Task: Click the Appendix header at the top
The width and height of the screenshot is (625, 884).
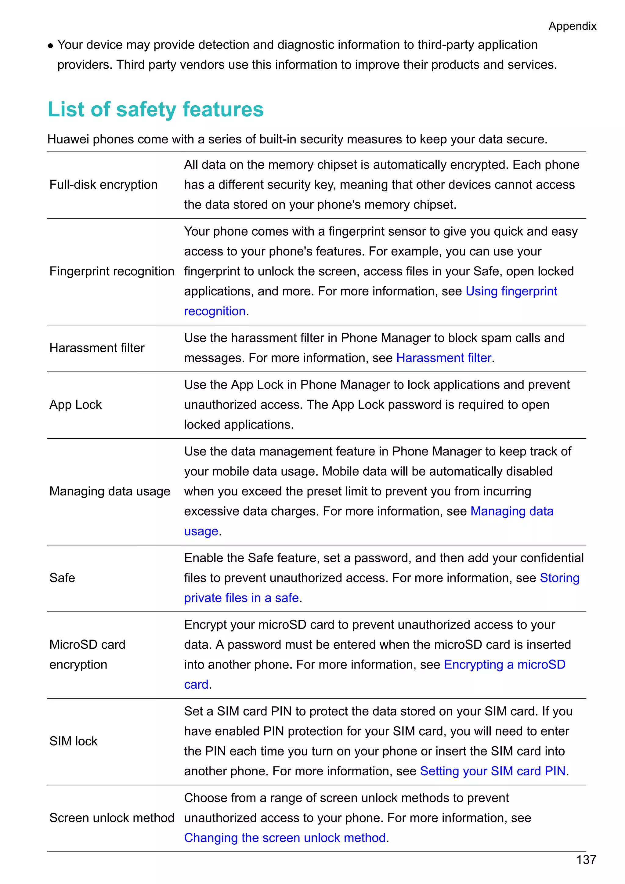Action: pos(572,26)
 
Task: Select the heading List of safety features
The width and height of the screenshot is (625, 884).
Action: pos(155,109)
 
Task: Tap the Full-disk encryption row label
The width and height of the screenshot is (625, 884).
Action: pos(103,185)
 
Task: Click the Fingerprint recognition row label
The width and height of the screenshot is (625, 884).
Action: pos(112,271)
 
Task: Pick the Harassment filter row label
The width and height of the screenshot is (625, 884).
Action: pos(97,348)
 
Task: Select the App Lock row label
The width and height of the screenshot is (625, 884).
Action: pos(75,405)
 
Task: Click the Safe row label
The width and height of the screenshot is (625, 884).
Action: pos(62,578)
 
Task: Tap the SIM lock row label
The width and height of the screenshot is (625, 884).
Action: pos(74,741)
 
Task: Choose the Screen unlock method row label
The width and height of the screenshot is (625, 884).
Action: pos(112,818)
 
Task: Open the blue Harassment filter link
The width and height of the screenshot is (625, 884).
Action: pos(444,358)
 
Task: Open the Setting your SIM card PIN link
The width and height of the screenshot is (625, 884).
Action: pos(493,771)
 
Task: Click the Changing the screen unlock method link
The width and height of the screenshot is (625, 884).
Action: pos(285,838)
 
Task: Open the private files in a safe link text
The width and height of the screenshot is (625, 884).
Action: pos(241,598)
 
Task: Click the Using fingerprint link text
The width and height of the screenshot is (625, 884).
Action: pos(511,292)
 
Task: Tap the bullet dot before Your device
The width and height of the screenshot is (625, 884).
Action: pos(50,46)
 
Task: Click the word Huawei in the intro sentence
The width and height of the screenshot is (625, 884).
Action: pos(68,139)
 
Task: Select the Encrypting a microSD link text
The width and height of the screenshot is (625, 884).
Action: pos(504,665)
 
